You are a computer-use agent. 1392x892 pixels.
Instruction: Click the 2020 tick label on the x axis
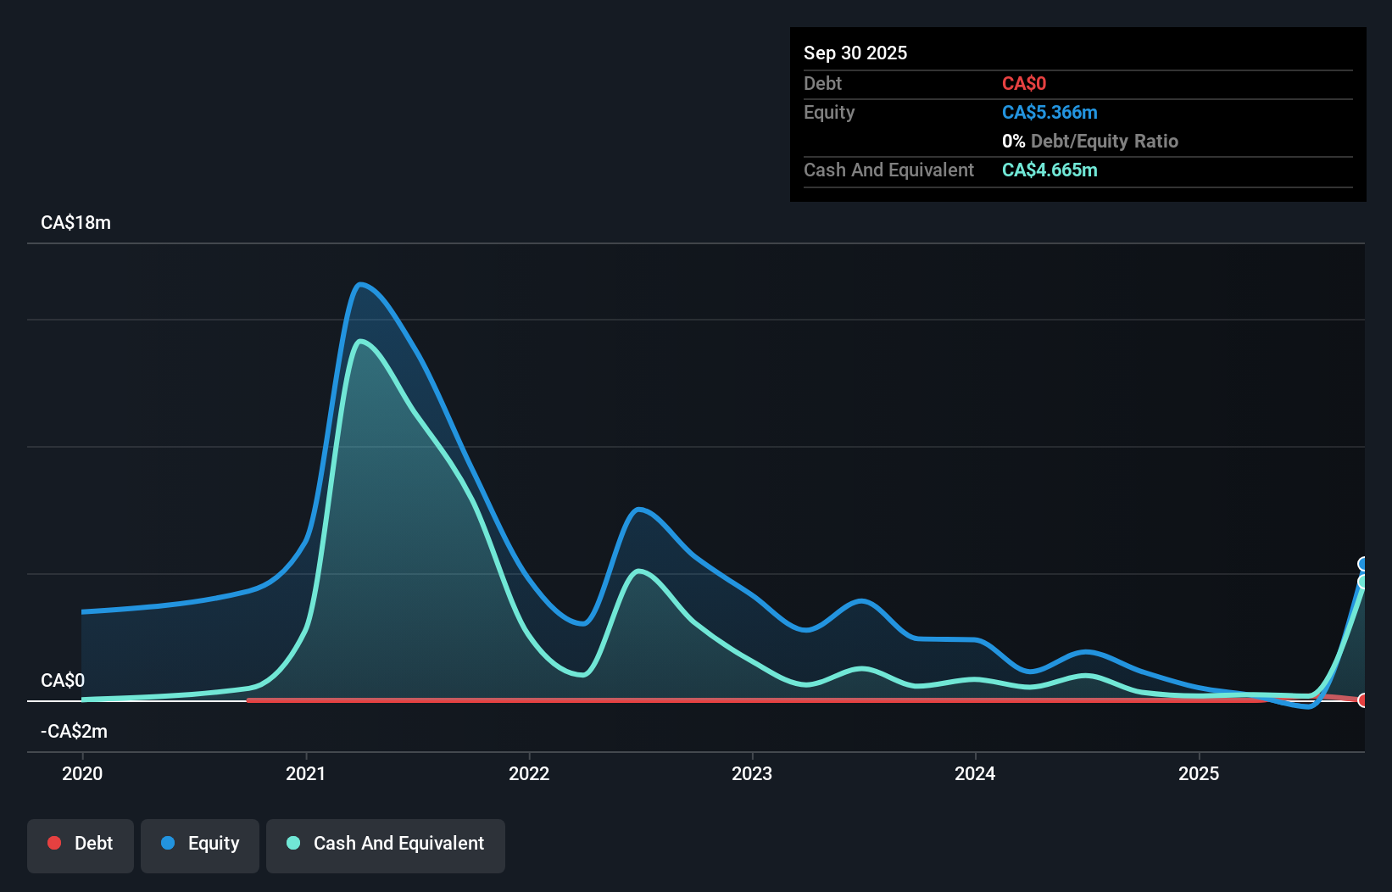point(82,773)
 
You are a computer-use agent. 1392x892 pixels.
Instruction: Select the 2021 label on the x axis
point(305,773)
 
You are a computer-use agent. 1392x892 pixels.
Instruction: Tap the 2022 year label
point(529,773)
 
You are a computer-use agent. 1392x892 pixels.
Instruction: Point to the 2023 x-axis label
point(752,773)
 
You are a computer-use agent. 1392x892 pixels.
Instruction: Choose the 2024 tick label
point(975,773)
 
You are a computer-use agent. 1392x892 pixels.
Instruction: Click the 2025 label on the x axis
point(1199,773)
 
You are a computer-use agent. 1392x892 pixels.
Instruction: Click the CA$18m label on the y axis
point(75,223)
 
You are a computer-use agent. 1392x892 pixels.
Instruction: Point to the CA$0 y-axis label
point(63,681)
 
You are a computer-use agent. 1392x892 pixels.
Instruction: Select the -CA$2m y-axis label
point(74,732)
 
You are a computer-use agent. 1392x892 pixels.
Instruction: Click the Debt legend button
point(81,844)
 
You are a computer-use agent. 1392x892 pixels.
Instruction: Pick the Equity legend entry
point(200,844)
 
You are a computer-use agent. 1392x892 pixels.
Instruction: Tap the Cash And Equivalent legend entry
point(386,844)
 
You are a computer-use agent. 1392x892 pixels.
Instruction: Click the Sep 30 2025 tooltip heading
point(855,53)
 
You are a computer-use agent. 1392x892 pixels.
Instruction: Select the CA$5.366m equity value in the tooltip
point(1050,113)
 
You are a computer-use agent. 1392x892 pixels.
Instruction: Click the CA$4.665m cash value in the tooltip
point(1050,170)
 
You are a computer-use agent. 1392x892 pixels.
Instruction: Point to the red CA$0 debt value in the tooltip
point(1024,84)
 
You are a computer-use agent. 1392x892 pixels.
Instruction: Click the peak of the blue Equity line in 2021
point(360,284)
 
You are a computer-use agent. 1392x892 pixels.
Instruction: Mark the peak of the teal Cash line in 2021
point(362,341)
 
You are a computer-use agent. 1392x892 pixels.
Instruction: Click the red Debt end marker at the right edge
point(1362,700)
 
